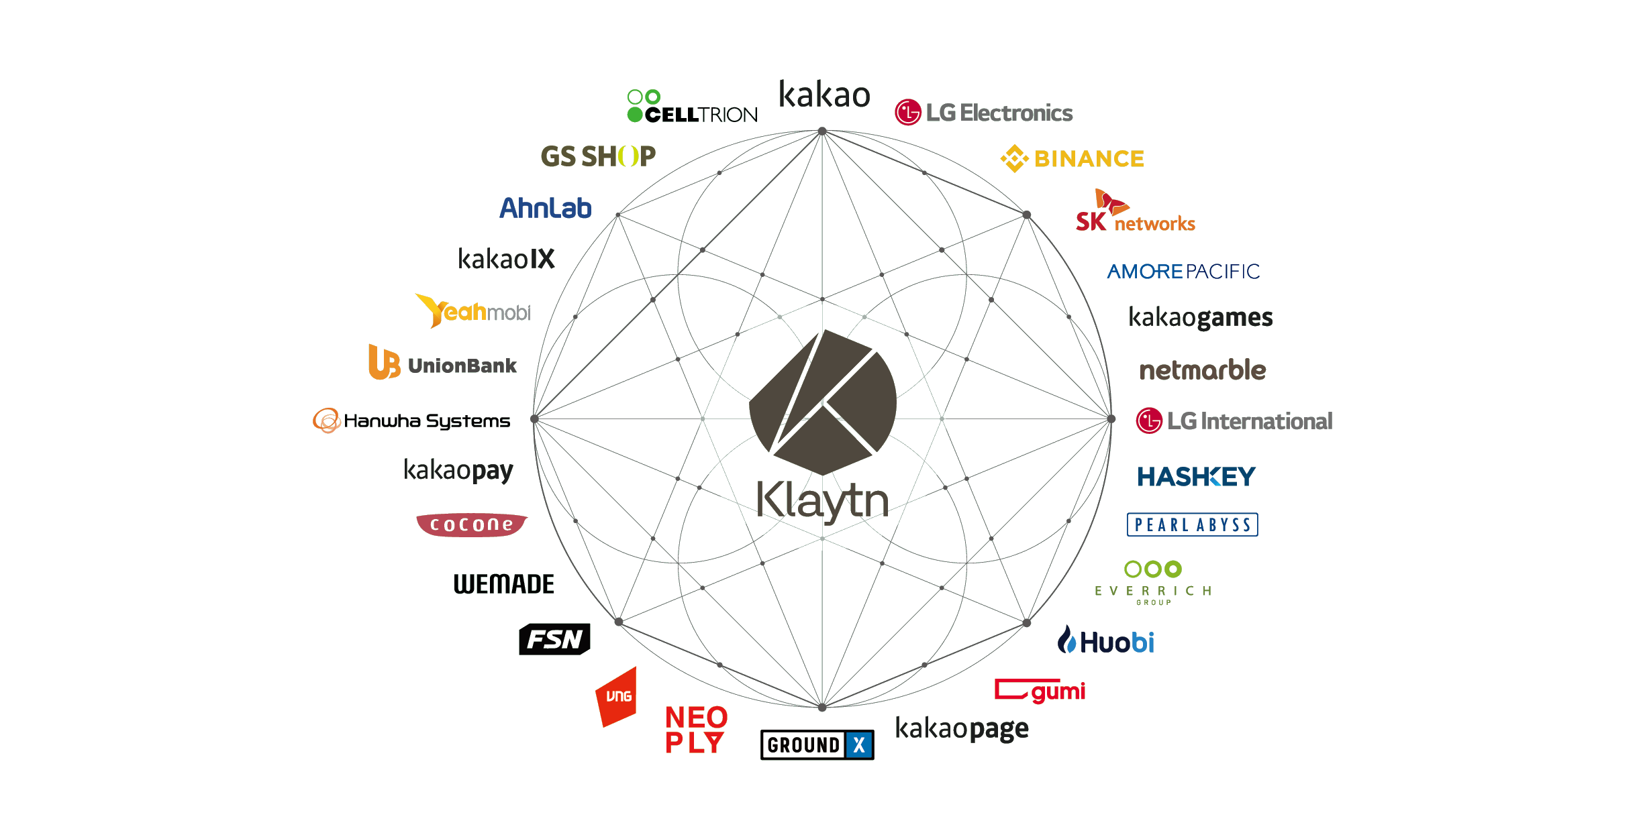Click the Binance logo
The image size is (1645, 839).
(x=1073, y=159)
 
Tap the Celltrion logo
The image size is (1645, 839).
(x=692, y=107)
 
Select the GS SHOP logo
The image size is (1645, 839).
(x=598, y=156)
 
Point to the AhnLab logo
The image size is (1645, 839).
(x=545, y=208)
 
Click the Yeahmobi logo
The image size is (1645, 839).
(x=472, y=311)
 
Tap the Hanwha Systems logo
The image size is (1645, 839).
(x=411, y=421)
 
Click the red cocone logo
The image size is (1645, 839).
(x=472, y=524)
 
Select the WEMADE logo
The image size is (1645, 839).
(x=504, y=584)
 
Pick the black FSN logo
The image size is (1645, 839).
(x=554, y=639)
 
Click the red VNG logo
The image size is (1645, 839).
(x=617, y=697)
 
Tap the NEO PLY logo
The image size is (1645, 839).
(x=696, y=730)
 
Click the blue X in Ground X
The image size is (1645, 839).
(x=859, y=745)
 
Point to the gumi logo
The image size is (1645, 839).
(x=1040, y=691)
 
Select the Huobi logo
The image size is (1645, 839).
(x=1106, y=642)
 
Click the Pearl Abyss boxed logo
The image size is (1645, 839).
(x=1193, y=524)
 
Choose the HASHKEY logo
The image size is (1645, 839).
(x=1196, y=477)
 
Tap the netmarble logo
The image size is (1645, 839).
(x=1203, y=370)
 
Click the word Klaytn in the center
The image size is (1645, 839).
(x=823, y=501)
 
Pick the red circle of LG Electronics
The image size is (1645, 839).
(x=908, y=113)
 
